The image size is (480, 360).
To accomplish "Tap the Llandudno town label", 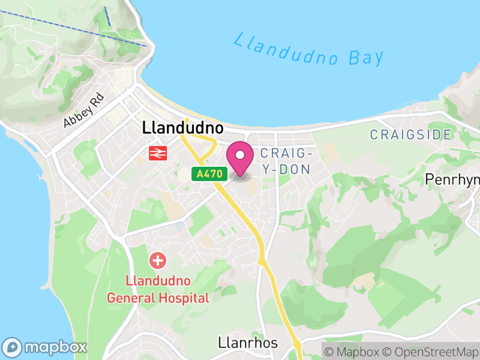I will point(182,128).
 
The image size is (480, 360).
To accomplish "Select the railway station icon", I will point(157,153).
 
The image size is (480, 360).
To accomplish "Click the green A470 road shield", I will point(209,174).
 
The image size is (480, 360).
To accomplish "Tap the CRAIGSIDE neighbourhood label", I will point(410,134).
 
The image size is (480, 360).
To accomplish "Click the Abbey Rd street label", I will point(83,110).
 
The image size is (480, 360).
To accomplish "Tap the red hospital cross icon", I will point(158,260).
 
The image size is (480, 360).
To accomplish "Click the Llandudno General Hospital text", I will point(158,289).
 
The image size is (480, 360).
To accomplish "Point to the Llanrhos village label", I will point(247,343).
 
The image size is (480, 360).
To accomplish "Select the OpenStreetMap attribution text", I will point(431,352).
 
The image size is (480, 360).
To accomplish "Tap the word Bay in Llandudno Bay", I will point(365,58).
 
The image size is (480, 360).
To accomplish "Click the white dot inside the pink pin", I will point(240,155).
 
